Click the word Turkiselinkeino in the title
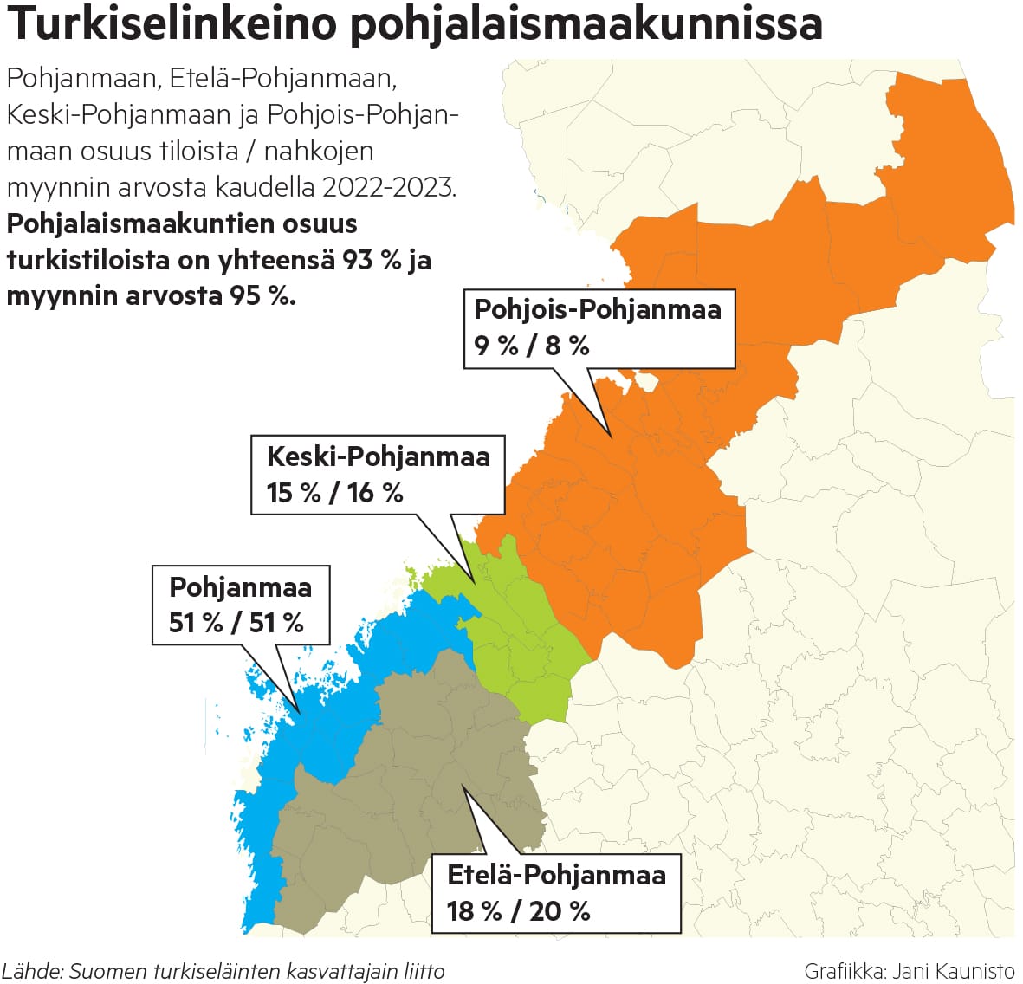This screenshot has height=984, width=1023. click(172, 24)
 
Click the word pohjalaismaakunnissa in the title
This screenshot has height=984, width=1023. click(586, 24)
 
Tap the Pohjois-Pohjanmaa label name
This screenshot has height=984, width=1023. click(598, 309)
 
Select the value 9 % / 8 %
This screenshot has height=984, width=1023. click(532, 346)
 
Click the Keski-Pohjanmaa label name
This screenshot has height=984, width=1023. click(378, 456)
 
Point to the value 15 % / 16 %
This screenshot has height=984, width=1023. click(334, 493)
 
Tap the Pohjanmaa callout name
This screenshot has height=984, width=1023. click(240, 587)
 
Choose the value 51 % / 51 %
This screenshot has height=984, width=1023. click(236, 623)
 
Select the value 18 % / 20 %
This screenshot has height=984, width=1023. click(518, 911)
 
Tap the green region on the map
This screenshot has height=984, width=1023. click(528, 641)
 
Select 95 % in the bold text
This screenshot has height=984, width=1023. click(262, 295)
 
